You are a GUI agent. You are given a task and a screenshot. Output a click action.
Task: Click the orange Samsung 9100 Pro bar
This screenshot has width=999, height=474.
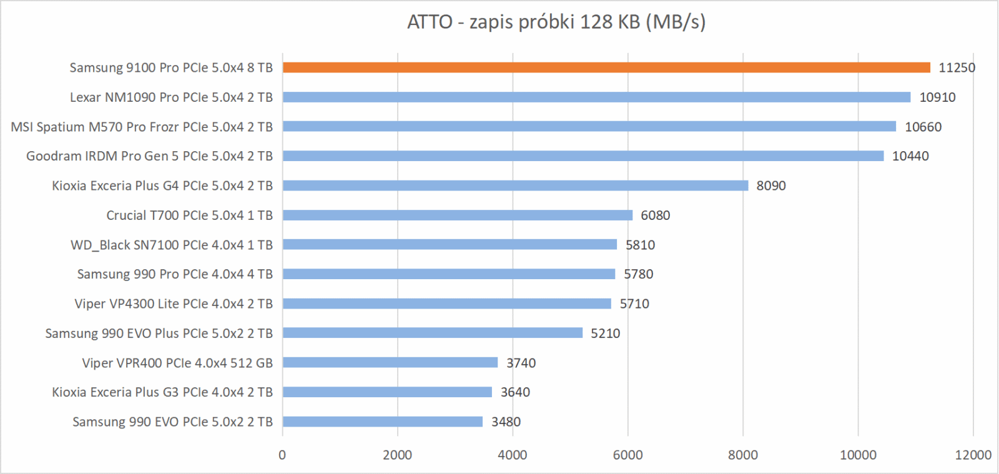tap(606, 67)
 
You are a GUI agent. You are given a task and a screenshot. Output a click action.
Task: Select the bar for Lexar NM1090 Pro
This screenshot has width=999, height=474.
tap(596, 97)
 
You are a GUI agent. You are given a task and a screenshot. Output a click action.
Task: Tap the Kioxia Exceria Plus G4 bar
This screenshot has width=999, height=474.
tap(515, 185)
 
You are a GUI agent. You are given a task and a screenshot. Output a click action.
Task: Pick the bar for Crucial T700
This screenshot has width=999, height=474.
tap(457, 215)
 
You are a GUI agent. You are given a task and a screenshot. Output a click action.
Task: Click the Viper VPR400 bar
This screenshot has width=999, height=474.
tap(390, 363)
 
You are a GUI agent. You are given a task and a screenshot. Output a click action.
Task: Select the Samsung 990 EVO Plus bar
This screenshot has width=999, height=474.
tap(432, 333)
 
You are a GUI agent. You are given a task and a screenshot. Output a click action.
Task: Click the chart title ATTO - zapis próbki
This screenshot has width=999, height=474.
tap(556, 22)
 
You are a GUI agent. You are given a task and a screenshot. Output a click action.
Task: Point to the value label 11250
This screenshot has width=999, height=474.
tap(957, 67)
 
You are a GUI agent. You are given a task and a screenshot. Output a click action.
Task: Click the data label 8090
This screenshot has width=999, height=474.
tap(771, 185)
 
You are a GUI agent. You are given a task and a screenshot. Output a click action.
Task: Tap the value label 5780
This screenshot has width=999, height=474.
tap(638, 274)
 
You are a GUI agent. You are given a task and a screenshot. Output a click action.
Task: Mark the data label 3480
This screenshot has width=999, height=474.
tap(506, 422)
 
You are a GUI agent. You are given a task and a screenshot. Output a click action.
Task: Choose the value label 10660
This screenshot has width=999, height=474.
tap(923, 127)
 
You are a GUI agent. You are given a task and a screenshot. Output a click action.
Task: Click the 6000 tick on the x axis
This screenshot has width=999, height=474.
tap(627, 455)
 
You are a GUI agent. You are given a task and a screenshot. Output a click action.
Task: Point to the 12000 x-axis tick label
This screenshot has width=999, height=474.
tap(973, 455)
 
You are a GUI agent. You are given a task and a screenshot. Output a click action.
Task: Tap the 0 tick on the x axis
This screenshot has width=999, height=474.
tap(282, 455)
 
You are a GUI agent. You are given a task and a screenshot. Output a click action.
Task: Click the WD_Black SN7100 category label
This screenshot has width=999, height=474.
tap(172, 245)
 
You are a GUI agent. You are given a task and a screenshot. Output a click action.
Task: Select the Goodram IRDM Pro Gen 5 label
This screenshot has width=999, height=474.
tap(149, 156)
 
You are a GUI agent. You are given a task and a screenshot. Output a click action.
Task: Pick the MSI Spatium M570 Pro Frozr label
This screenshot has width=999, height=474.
tap(142, 127)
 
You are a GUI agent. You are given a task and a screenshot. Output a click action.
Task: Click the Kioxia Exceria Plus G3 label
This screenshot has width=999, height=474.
tap(162, 392)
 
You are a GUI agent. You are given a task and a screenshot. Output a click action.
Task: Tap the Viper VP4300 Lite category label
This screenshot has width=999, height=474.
tap(174, 304)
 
